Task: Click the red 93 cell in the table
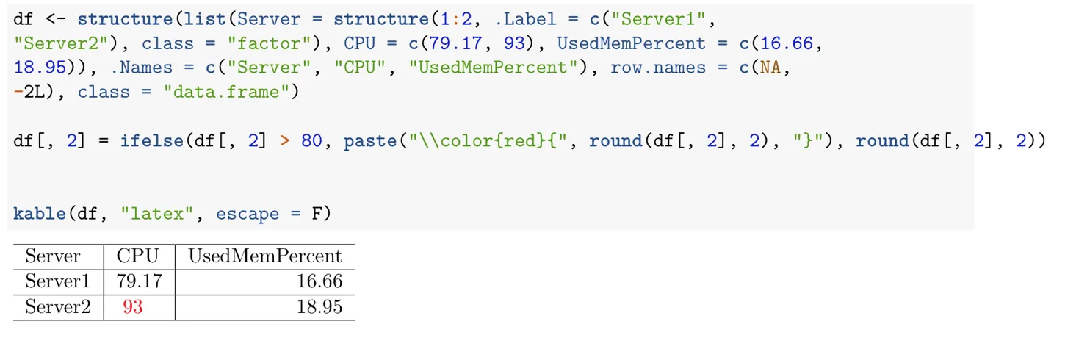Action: pyautogui.click(x=133, y=306)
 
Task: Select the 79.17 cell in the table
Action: pyautogui.click(x=139, y=281)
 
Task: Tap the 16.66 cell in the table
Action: pyautogui.click(x=319, y=281)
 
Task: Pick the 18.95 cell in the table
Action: pyautogui.click(x=319, y=306)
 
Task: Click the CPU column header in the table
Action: pyautogui.click(x=137, y=256)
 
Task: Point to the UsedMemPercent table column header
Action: pyautogui.click(x=265, y=256)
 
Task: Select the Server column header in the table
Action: pyautogui.click(x=53, y=256)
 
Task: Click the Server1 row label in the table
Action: pyautogui.click(x=57, y=281)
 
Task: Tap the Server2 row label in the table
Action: pyautogui.click(x=57, y=306)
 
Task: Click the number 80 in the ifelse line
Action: pyautogui.click(x=311, y=140)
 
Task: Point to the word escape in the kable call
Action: pyautogui.click(x=248, y=214)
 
